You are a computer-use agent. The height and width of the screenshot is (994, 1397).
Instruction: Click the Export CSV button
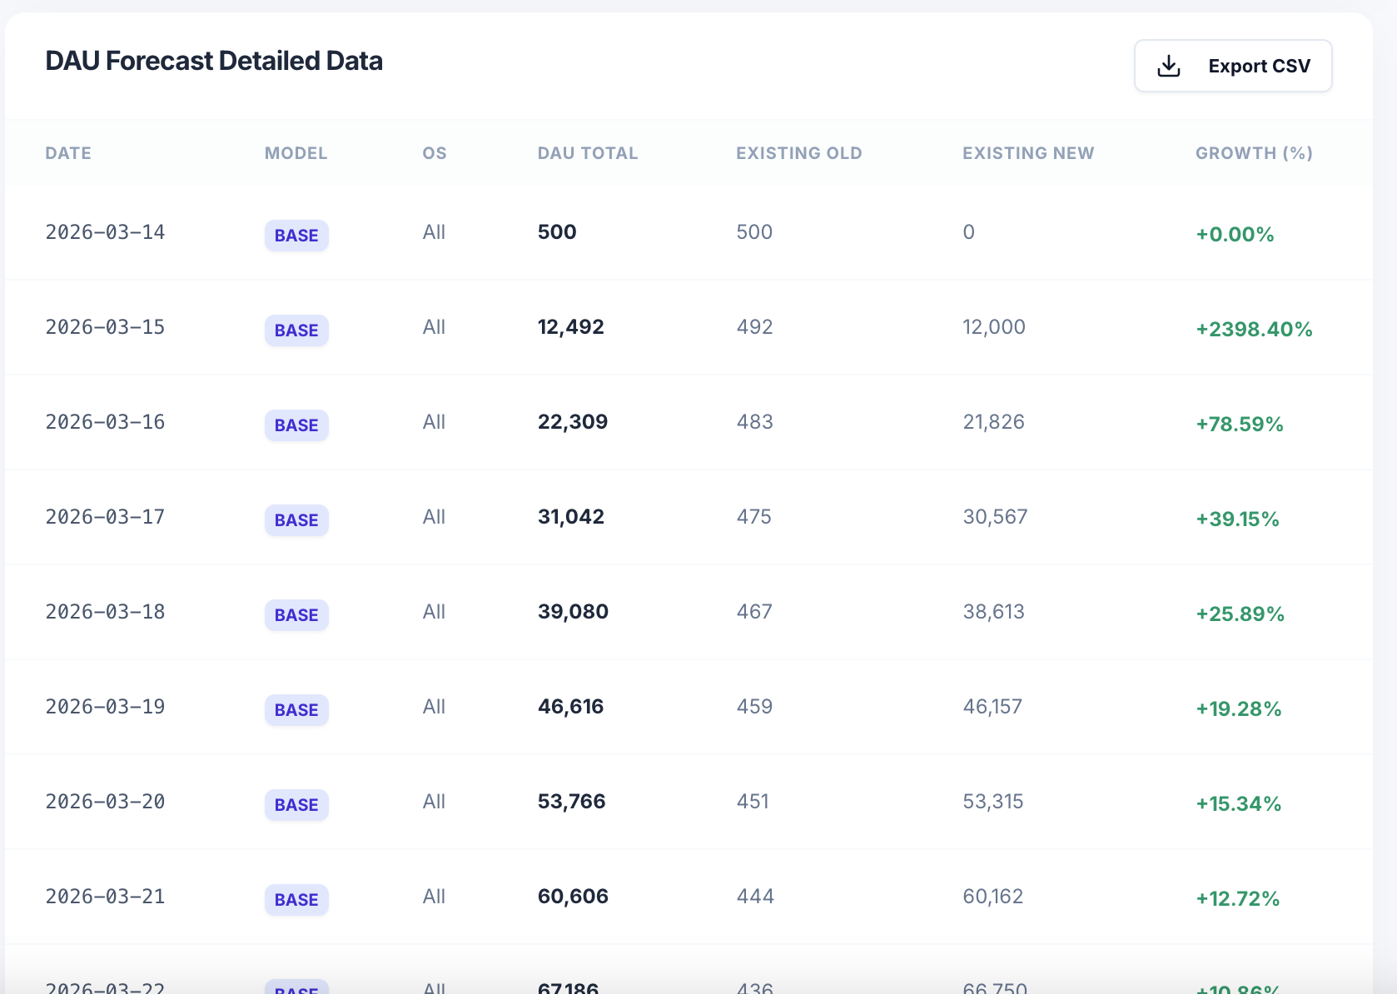coord(1233,66)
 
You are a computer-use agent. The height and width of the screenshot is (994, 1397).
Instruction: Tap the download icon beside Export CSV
coord(1169,66)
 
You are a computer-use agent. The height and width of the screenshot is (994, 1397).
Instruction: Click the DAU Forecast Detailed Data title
coord(214,61)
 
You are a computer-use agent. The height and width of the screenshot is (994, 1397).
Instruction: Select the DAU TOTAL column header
coord(588,153)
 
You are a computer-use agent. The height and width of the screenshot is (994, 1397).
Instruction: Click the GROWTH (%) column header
coord(1254,153)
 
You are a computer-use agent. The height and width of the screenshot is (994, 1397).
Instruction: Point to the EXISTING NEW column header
coord(1028,153)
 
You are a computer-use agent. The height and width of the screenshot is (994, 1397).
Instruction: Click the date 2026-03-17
coord(105,517)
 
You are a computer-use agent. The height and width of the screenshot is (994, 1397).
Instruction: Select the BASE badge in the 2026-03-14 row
coord(296,236)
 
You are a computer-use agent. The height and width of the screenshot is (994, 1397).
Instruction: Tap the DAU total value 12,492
coord(571,327)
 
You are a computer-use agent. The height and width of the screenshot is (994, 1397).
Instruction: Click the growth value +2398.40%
coord(1254,329)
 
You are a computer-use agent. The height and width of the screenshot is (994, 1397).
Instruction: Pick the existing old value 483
coord(754,422)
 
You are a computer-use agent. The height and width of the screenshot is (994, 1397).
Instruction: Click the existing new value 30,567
coord(995,517)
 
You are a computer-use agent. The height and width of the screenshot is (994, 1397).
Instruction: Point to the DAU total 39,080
coord(573,612)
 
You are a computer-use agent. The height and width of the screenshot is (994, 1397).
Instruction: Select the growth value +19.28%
coord(1238,708)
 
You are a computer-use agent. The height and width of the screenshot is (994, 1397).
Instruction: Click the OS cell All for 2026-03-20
coord(434,802)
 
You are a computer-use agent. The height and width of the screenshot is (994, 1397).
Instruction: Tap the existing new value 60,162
coord(992,897)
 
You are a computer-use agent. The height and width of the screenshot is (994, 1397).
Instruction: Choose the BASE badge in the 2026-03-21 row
coord(296,900)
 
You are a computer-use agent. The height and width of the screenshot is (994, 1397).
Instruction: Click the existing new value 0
coord(968,232)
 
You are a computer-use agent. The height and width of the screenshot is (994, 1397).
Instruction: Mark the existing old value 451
coord(753,802)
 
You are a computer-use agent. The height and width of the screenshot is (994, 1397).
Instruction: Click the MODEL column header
coord(296,153)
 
